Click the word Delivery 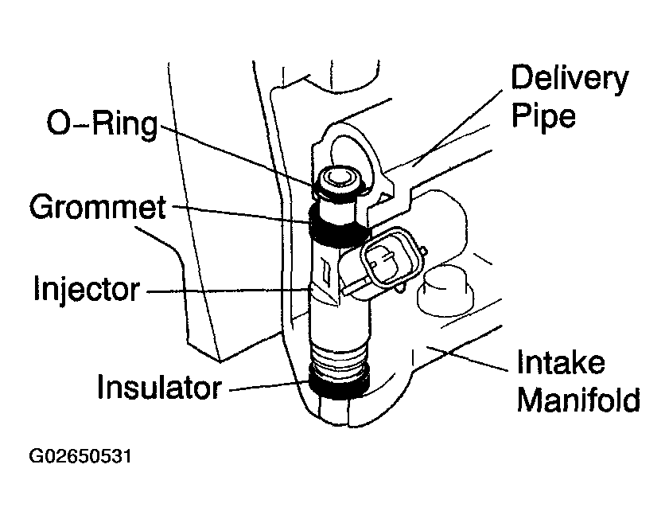[569, 80]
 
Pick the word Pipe [543, 116]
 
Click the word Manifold [578, 399]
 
